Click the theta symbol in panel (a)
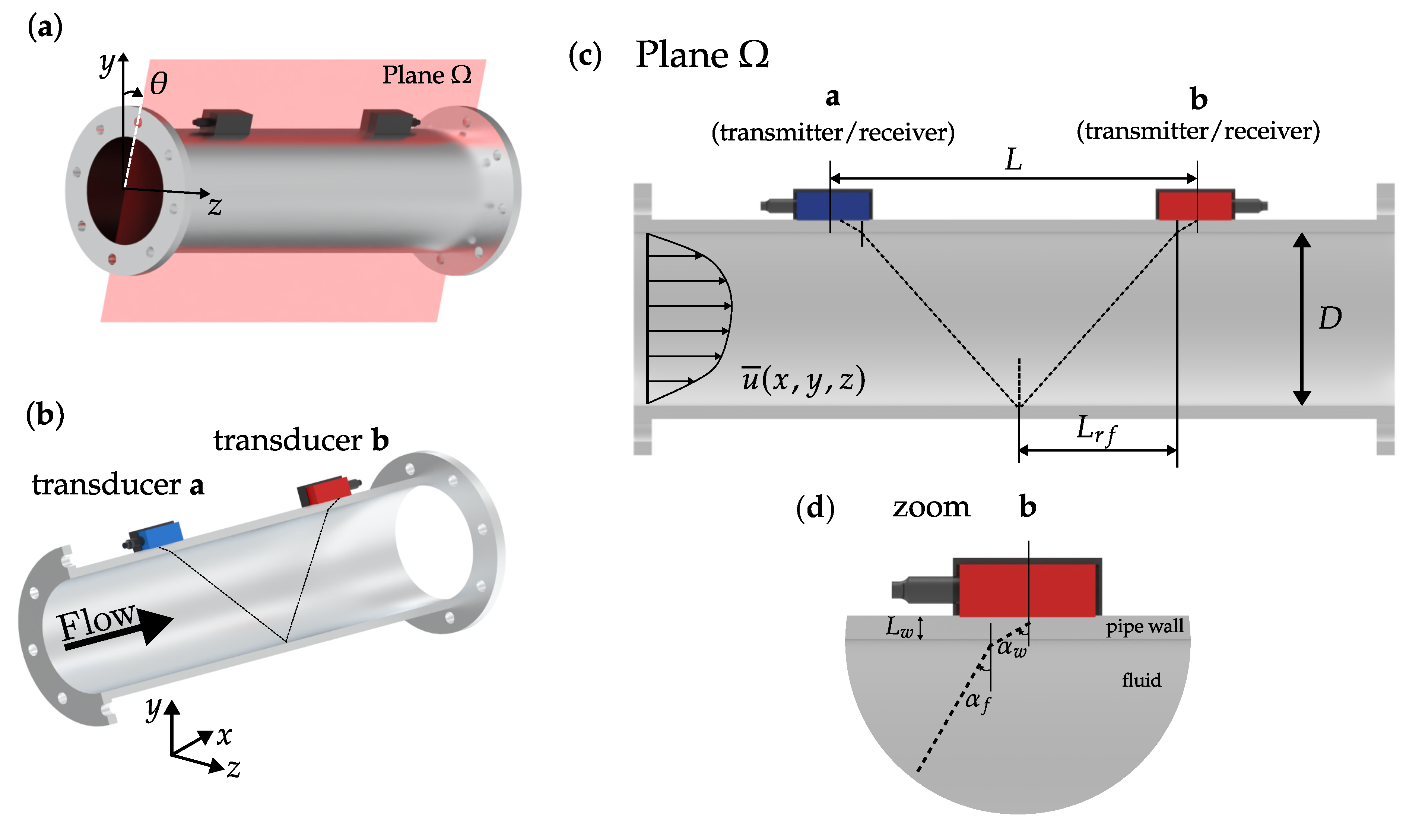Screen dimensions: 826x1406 coord(158,84)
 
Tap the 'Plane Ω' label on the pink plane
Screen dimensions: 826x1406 coord(427,75)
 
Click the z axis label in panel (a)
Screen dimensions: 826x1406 coord(215,206)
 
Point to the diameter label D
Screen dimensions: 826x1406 coord(1330,319)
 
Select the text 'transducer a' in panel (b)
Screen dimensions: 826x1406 coord(118,484)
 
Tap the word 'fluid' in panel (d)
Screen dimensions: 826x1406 coord(1142,680)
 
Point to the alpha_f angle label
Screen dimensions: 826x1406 coord(978,702)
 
